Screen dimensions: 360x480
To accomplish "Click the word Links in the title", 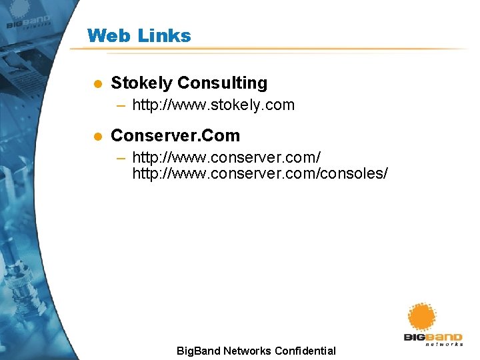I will [x=164, y=35].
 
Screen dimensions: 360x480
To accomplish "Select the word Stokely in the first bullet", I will [x=141, y=83].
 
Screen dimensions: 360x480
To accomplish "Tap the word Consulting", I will [x=223, y=83].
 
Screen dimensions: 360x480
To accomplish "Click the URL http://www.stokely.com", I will [x=213, y=105].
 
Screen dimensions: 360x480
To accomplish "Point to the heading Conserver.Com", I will [x=175, y=135].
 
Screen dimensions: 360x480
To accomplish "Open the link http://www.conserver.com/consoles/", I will [x=260, y=174].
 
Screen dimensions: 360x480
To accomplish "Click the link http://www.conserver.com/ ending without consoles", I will [x=227, y=158].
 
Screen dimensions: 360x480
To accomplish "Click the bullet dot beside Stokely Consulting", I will [x=97, y=84].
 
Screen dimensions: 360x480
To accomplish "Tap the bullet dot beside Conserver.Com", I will [x=97, y=136].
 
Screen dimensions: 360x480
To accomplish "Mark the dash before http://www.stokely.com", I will [x=121, y=105].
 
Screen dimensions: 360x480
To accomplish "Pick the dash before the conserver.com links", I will [x=121, y=158].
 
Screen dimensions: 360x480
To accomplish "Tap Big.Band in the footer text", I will [x=198, y=351].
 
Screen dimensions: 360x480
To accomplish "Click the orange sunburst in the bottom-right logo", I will [x=422, y=317].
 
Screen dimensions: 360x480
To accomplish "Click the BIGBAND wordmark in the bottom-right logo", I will [x=433, y=337].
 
